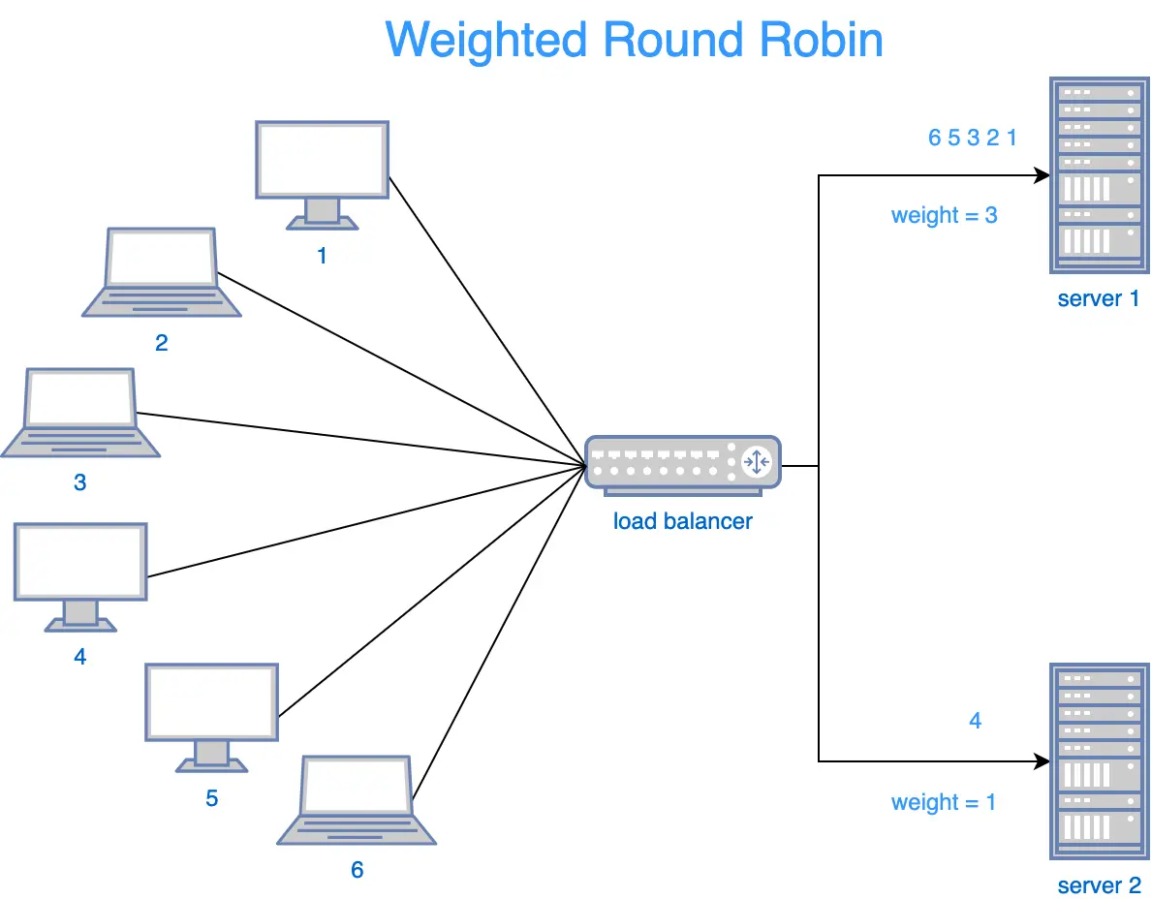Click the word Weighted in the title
point(486,41)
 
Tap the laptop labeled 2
point(161,271)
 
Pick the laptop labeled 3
point(80,412)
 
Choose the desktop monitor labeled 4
point(80,572)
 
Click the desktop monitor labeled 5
point(211,712)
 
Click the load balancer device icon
point(682,465)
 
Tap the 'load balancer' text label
point(682,521)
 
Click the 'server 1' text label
point(1099,298)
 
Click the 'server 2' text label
point(1099,885)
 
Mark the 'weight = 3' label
point(944,215)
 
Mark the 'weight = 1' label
point(944,802)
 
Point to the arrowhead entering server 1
point(1042,176)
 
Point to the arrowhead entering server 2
point(1042,761)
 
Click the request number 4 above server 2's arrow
point(975,721)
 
